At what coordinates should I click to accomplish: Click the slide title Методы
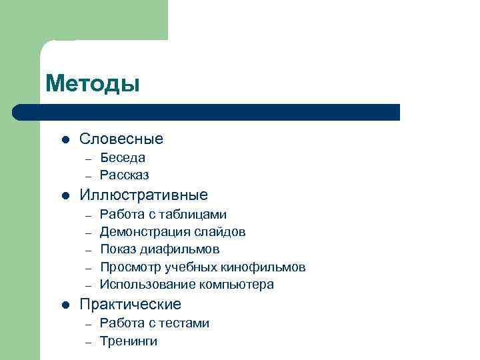(x=93, y=84)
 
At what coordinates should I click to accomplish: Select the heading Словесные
(x=121, y=139)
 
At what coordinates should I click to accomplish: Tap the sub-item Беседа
(x=123, y=158)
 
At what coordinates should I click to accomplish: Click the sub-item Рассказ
(x=124, y=175)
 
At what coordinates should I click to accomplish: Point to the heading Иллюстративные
(x=143, y=195)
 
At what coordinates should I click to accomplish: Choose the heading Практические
(x=130, y=305)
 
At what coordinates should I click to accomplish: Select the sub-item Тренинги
(x=129, y=341)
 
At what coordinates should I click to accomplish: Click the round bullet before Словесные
(x=65, y=140)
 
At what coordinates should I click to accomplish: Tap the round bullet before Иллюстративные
(x=65, y=196)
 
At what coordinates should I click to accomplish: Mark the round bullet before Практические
(x=65, y=305)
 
